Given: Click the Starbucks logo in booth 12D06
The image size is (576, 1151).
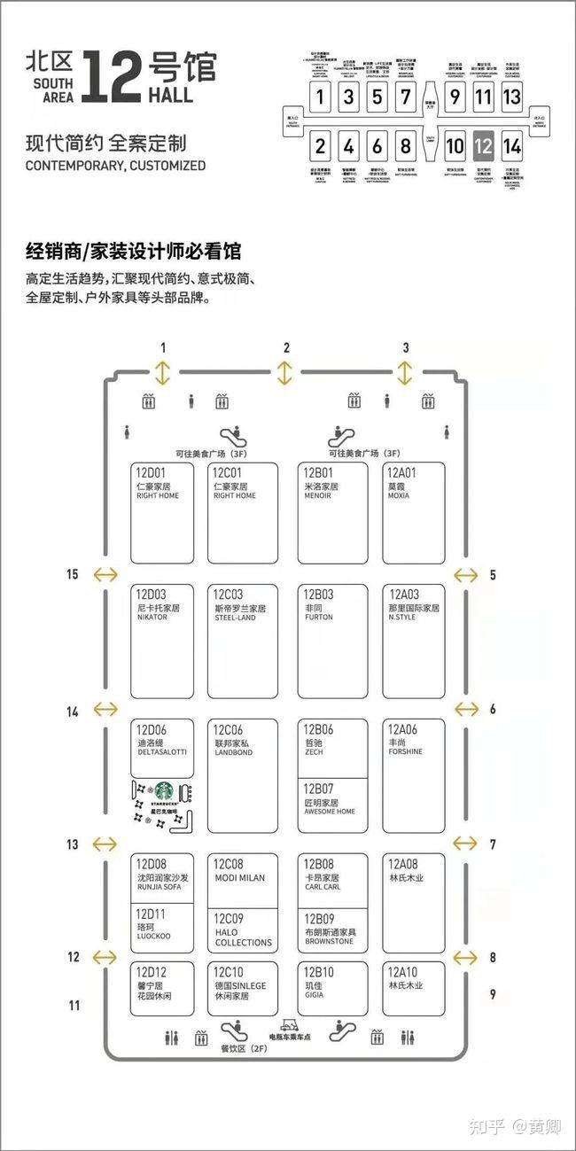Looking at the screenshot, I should pos(163,790).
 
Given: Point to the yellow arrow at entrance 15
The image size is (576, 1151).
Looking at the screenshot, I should pos(105,574).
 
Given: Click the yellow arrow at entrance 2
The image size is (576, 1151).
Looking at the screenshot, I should pos(284,372).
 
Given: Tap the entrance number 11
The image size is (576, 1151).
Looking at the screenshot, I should pos(74,1005).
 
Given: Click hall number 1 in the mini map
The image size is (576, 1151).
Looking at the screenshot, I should pos(322,97).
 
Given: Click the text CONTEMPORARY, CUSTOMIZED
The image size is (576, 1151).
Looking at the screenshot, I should pos(115,166).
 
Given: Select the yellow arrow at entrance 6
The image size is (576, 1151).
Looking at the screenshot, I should pos(466,709).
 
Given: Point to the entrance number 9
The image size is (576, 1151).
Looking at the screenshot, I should pos(493,994).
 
